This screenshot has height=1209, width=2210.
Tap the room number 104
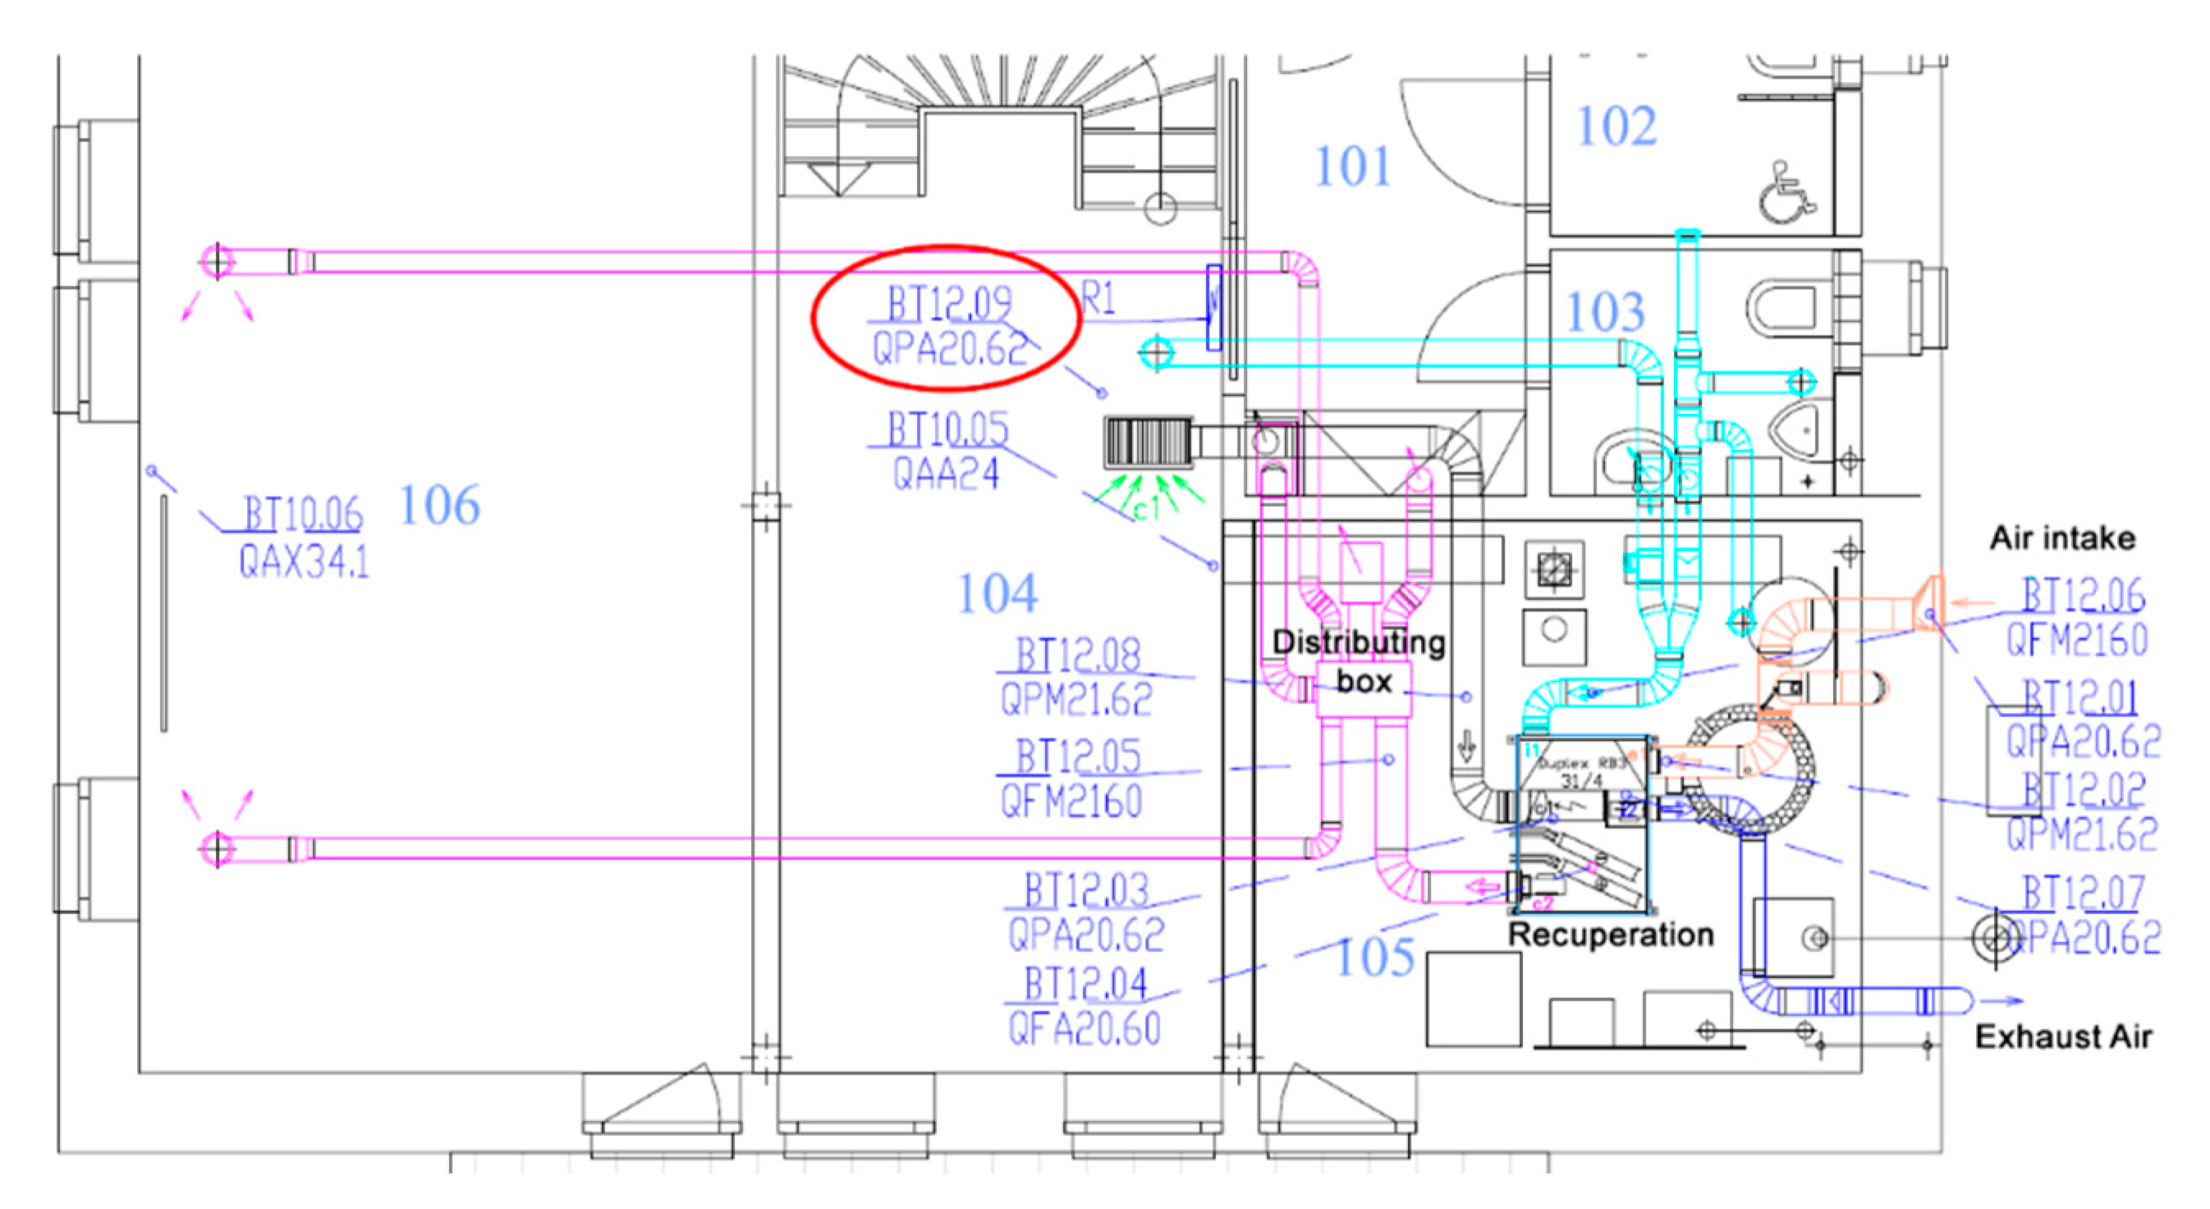[997, 594]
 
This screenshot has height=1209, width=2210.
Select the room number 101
[1352, 167]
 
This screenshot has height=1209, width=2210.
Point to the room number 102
[1616, 127]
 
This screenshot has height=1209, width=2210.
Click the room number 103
[1605, 311]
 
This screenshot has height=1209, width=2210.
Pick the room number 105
[1375, 957]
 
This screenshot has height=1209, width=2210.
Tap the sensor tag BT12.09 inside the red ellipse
[949, 305]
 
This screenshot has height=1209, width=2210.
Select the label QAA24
[946, 474]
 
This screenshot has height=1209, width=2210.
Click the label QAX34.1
[304, 562]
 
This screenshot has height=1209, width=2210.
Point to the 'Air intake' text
[2062, 539]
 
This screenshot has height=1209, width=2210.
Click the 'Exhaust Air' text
[2063, 1037]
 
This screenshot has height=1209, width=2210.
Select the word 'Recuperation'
[1611, 935]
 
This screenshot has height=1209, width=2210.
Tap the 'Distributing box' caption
[1358, 661]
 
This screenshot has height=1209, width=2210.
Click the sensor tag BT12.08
[1078, 656]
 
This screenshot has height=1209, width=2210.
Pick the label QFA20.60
[1084, 1028]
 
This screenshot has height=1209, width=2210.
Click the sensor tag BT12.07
[2083, 893]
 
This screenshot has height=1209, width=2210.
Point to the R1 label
[1098, 300]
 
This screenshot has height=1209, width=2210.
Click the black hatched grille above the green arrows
[1148, 443]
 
